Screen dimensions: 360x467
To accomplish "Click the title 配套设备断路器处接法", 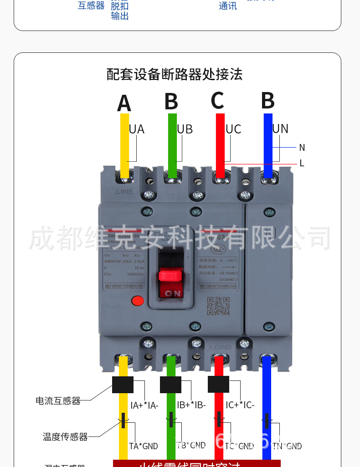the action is (x=174, y=74).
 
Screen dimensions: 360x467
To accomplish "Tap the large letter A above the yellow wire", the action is (x=124, y=103).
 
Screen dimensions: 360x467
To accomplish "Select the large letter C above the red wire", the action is (x=217, y=101).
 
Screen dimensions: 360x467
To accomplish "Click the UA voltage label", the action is (x=136, y=129).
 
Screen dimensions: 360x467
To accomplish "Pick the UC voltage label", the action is (x=233, y=129).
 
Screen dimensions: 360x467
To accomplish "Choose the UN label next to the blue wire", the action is (x=280, y=129).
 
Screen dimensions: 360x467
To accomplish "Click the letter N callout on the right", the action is (x=302, y=148).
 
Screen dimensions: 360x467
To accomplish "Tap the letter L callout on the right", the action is (x=302, y=163).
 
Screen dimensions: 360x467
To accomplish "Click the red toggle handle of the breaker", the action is (x=170, y=275).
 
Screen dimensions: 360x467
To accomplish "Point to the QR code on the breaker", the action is (x=218, y=306).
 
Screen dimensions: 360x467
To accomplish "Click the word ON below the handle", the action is (x=173, y=293).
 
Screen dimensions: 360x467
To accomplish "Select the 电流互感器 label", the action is (x=58, y=401).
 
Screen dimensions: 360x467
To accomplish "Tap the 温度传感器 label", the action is (x=65, y=437).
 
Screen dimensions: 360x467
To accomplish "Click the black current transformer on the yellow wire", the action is (x=123, y=385).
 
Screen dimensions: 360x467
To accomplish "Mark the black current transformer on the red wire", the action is (x=218, y=385).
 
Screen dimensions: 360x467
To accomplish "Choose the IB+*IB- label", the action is (x=191, y=405).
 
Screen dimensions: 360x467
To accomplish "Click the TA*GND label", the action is (x=144, y=446).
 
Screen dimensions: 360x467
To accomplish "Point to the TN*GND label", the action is (x=287, y=446).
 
